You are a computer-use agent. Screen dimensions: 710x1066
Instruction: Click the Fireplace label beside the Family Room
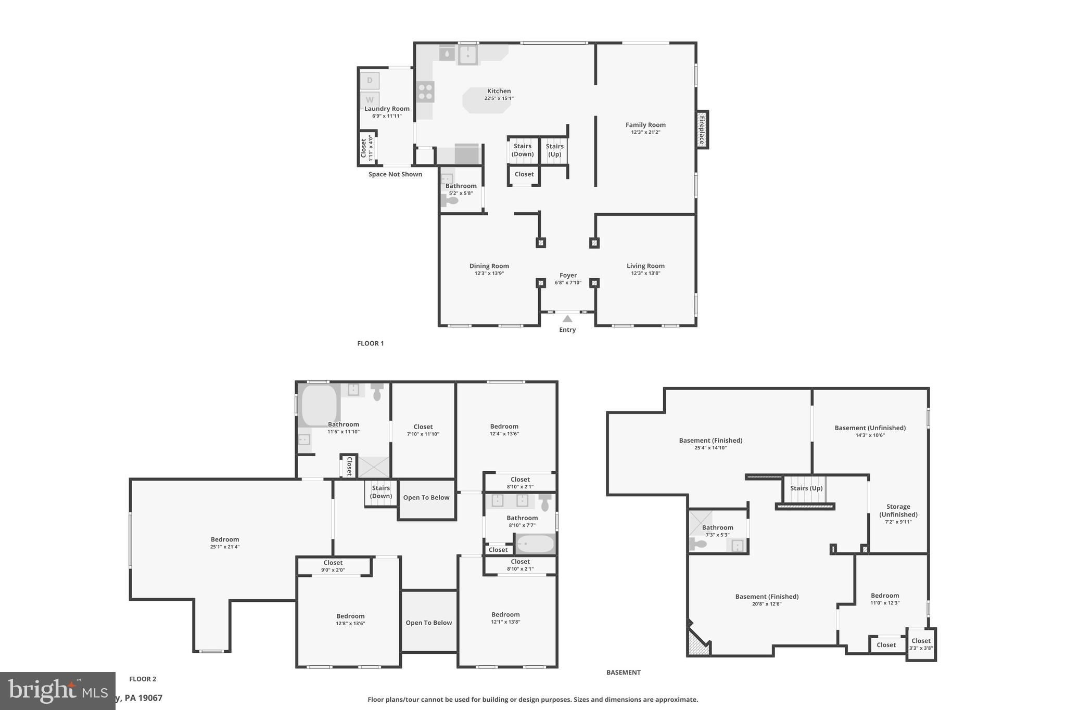702,130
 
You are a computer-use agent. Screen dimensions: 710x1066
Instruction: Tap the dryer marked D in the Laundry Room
370,81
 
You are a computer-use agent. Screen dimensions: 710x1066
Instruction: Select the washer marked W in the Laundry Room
370,99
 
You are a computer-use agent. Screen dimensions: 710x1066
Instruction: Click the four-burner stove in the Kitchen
425,92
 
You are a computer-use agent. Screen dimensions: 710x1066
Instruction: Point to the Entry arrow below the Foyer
567,319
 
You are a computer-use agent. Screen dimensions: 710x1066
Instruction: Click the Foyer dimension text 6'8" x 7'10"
568,283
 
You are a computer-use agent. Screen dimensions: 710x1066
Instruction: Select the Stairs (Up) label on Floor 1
554,150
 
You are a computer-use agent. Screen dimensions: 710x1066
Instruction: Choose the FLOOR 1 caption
370,343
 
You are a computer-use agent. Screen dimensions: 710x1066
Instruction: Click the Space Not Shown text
395,174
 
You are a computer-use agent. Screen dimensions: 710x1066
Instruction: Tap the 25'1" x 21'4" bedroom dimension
225,547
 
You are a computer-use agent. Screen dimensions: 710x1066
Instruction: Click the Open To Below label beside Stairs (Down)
426,498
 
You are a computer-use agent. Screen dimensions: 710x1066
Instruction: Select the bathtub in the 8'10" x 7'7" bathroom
535,544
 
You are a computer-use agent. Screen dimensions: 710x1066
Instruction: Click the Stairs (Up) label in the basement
806,488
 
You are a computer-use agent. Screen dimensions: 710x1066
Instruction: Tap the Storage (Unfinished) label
898,510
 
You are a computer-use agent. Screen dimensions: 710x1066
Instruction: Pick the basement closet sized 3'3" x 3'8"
921,644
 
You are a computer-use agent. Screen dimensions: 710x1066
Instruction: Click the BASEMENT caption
623,673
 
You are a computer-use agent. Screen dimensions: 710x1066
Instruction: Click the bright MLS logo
57,691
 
